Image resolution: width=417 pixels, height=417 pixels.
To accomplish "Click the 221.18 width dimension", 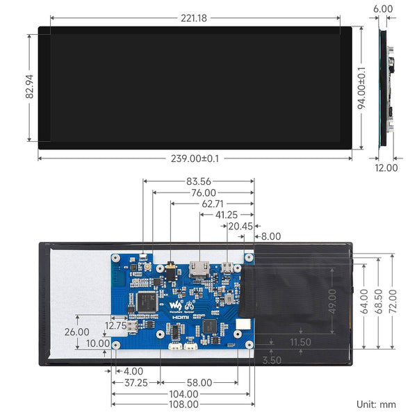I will point(193,18).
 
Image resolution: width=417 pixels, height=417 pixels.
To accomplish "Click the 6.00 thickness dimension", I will point(382,9).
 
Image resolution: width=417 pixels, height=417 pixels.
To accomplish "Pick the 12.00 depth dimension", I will point(386,167).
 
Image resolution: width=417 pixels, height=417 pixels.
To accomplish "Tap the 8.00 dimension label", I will point(270,236).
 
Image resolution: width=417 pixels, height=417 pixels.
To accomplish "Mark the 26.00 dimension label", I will point(76,332).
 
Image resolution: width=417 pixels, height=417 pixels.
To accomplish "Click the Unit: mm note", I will point(376,404).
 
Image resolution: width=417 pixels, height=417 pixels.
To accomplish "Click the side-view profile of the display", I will point(386,87).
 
